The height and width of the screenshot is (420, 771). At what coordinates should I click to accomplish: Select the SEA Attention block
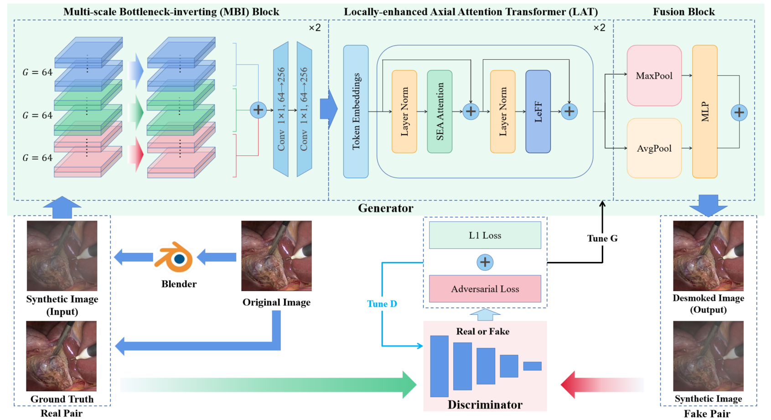[x=440, y=112]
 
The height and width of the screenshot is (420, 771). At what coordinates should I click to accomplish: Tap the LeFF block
[x=538, y=112]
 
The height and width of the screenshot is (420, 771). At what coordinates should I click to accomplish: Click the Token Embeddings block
[x=356, y=112]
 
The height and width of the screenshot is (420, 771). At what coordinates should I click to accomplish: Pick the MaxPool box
[x=654, y=76]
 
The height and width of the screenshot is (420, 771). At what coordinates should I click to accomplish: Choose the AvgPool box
[x=654, y=148]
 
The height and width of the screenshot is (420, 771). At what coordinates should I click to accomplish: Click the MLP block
[x=704, y=112]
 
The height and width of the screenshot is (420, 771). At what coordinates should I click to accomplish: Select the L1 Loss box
[x=485, y=236]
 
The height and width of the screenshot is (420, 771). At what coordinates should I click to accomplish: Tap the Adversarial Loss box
[x=485, y=289]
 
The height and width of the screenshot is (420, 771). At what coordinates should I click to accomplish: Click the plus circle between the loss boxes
[x=485, y=262]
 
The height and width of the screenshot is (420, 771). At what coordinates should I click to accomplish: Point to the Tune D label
[x=382, y=304]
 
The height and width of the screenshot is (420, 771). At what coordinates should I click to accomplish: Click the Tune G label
[x=602, y=238]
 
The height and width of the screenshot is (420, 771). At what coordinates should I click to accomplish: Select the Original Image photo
[x=276, y=256]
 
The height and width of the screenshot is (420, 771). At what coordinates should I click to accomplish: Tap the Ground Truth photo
[x=62, y=356]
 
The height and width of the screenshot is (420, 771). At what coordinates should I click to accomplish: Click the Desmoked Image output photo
[x=708, y=256]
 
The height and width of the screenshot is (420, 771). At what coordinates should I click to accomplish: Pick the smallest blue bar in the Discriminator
[x=532, y=366]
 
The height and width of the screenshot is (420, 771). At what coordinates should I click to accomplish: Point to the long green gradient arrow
[x=269, y=384]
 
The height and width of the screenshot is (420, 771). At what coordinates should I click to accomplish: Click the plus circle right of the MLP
[x=739, y=113]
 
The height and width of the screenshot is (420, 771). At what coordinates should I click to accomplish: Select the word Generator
[x=385, y=208]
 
